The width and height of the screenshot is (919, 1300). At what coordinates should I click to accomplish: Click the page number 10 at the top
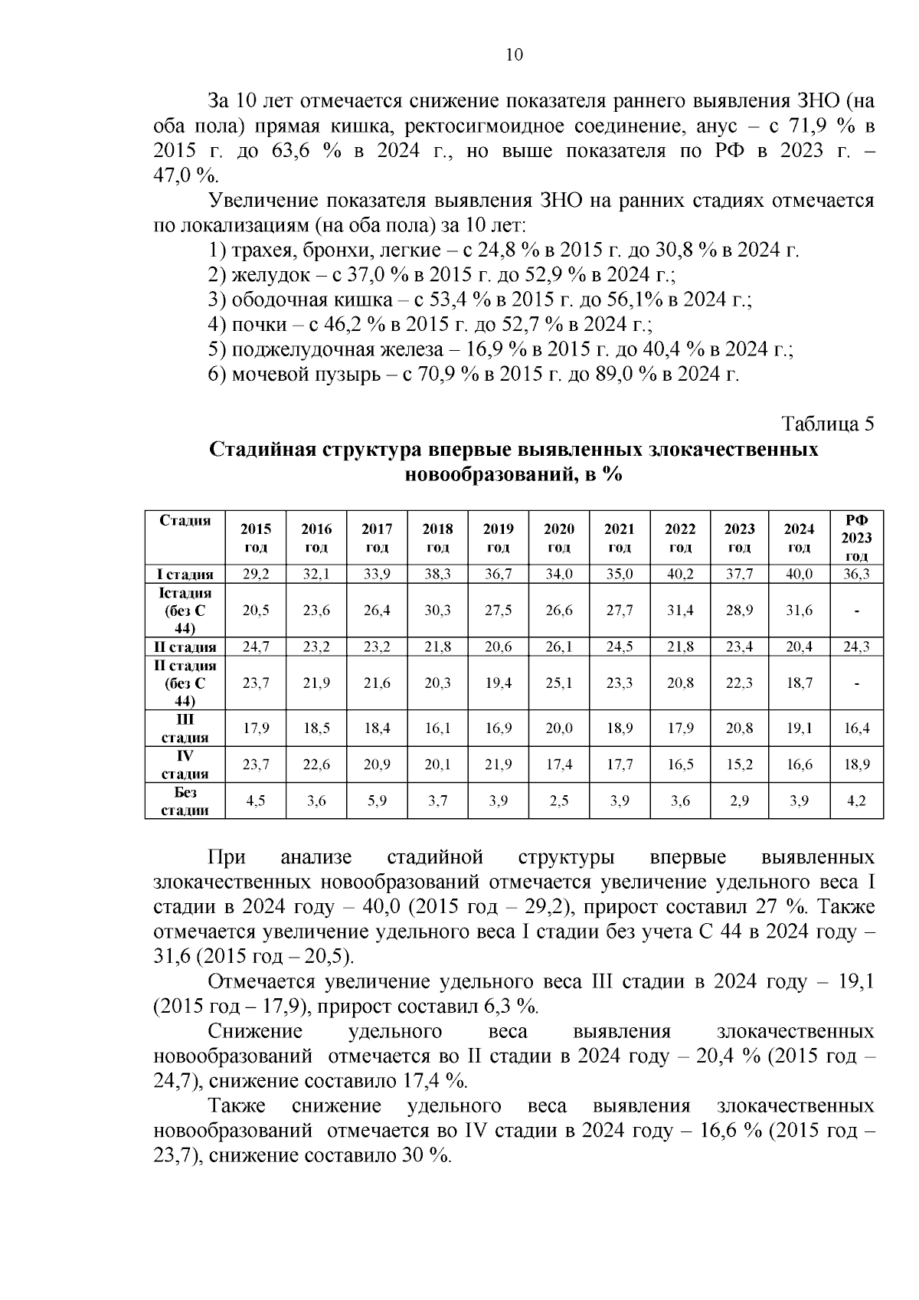[x=514, y=55]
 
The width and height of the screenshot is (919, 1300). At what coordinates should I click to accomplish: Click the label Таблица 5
[x=827, y=424]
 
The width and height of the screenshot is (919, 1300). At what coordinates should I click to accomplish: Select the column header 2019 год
[x=499, y=538]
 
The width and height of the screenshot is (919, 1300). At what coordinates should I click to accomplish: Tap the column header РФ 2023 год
[x=856, y=538]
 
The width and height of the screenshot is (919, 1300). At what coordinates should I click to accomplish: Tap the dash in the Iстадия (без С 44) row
[x=856, y=611]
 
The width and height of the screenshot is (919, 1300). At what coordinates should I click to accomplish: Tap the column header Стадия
[x=185, y=521]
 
